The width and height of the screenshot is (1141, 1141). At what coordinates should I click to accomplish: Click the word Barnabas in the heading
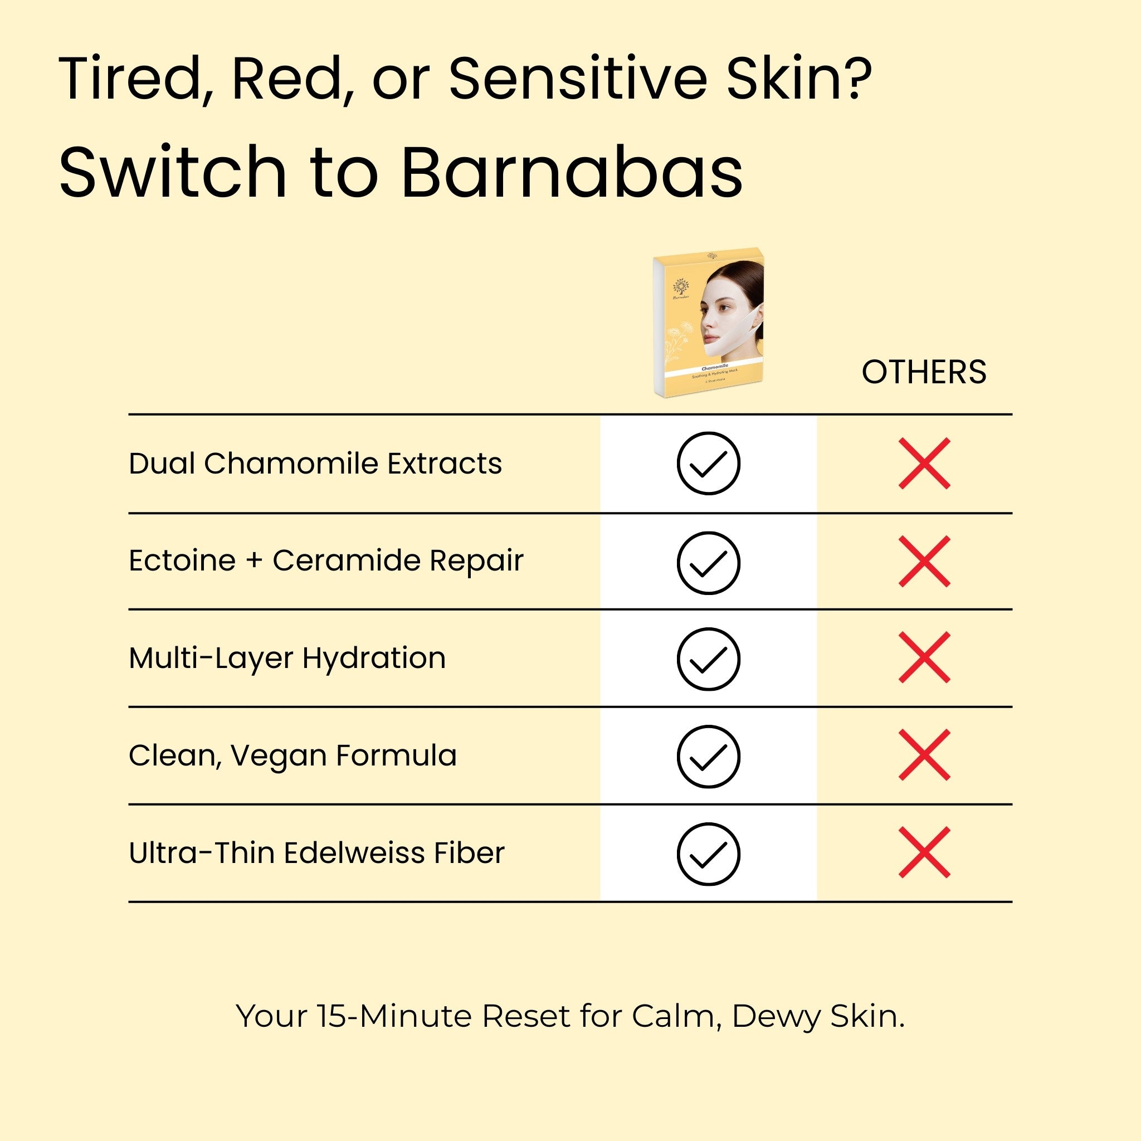(572, 173)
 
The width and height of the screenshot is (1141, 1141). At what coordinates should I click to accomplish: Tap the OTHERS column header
(924, 372)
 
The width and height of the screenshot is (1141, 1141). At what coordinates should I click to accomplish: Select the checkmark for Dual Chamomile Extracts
(708, 464)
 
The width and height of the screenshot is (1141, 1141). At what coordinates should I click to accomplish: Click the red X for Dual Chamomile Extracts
(924, 464)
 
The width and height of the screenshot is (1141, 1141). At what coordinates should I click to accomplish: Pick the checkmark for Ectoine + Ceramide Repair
(708, 562)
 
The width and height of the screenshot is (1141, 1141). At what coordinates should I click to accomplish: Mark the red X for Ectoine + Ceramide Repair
(924, 562)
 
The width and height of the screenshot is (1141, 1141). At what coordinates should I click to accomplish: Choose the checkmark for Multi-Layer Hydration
(708, 659)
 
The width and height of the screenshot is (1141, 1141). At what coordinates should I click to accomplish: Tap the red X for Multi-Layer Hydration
(924, 657)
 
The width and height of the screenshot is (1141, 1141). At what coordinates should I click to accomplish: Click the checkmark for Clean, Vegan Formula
(708, 756)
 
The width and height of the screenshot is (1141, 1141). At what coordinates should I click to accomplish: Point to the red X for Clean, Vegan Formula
(924, 755)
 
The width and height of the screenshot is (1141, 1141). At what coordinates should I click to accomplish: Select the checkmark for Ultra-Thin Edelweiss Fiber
(708, 854)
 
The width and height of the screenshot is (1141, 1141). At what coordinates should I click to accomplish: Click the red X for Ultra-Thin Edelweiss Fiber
(924, 852)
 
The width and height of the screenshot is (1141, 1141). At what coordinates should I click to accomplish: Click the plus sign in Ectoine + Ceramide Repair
(254, 560)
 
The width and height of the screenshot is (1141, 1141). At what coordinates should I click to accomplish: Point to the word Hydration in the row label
(374, 658)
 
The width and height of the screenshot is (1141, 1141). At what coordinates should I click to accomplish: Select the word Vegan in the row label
(278, 755)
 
